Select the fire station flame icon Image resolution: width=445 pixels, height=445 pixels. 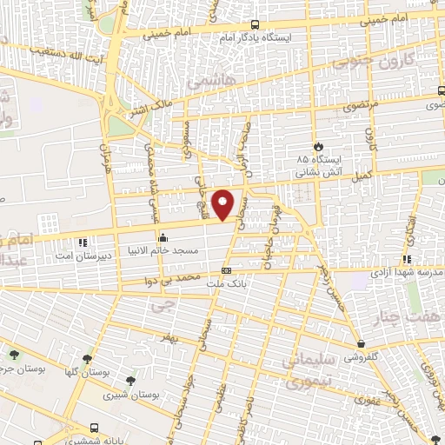tap(319, 146)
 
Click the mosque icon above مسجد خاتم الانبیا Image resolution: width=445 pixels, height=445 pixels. tap(162, 237)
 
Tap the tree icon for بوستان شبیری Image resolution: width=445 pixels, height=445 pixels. tap(131, 379)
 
